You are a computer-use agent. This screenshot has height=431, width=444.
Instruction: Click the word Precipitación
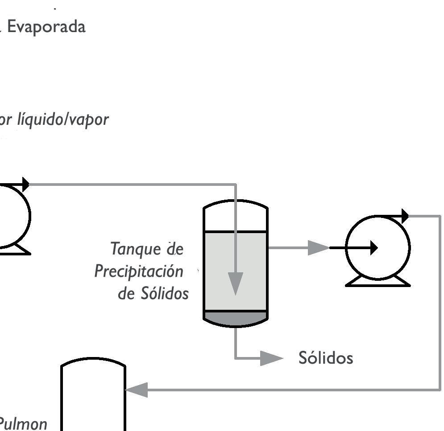point(139,271)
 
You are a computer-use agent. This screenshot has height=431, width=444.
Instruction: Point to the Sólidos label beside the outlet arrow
point(326,358)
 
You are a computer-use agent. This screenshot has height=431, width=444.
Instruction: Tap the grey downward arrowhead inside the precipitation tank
point(236,283)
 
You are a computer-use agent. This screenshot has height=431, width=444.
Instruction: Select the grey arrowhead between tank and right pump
point(318,248)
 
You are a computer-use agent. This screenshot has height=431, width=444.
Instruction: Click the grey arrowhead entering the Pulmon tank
point(136,390)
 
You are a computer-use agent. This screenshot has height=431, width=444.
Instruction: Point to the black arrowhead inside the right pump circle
point(373,248)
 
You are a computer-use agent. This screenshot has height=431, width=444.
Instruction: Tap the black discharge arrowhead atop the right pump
point(405,216)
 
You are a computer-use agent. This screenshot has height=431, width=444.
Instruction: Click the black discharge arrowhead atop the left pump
point(26,184)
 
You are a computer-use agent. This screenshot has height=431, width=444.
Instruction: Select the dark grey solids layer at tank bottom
point(236,317)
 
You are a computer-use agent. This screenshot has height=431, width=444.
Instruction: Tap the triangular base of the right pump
point(378,281)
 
